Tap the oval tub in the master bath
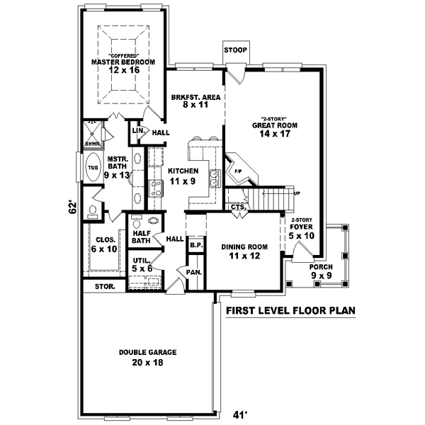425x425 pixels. coord(93,170)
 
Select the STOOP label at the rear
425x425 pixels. coord(234,51)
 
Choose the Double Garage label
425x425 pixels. coord(147,352)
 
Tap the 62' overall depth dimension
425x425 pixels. coord(72,208)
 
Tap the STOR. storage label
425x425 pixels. coord(94,287)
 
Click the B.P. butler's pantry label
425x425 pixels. coord(195,245)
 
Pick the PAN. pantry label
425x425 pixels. coord(191,272)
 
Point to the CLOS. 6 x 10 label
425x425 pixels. coord(106,244)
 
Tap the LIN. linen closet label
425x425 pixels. coord(138,132)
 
